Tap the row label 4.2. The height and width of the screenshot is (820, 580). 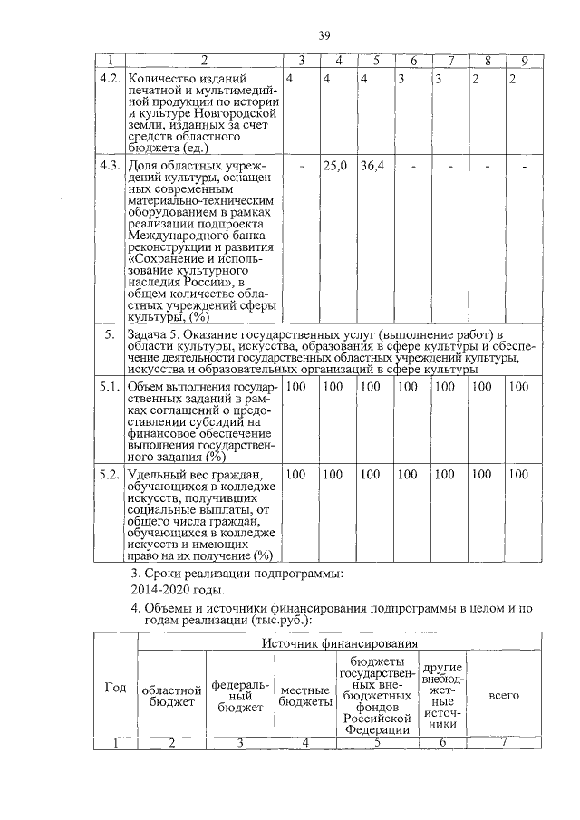click(x=110, y=79)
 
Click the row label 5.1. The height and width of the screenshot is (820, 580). click(x=110, y=388)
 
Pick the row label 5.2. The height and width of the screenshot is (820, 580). click(x=110, y=474)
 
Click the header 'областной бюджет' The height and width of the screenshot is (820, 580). click(x=171, y=695)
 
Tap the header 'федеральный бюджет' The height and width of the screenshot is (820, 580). click(x=239, y=694)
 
